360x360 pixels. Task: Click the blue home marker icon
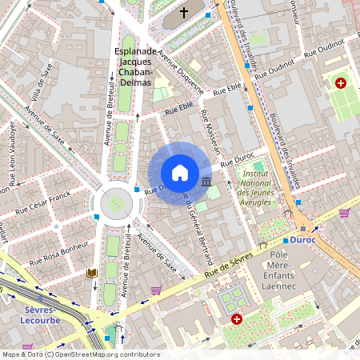[180, 173]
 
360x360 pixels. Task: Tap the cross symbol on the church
[184, 13]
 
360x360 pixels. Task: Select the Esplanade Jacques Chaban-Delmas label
[134, 67]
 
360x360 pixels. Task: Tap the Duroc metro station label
[304, 239]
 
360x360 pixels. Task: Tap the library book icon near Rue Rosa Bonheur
[91, 274]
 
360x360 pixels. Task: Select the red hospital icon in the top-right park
[341, 83]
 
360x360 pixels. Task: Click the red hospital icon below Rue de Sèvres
[237, 319]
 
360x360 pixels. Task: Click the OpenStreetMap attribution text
[80, 354]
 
